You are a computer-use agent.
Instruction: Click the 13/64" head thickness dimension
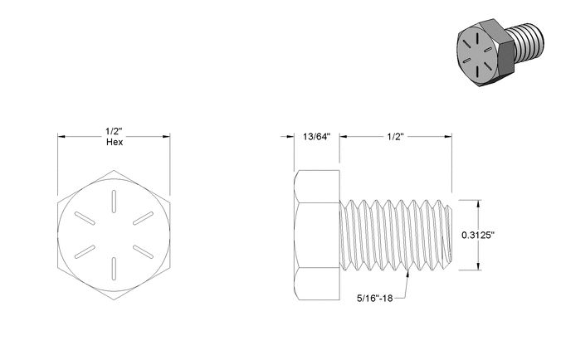[x=317, y=137]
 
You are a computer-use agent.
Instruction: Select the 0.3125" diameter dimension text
[x=478, y=235]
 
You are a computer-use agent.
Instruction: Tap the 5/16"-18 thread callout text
[x=374, y=298]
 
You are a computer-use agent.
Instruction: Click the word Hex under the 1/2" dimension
[x=115, y=143]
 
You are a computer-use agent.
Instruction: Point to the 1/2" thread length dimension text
[x=395, y=137]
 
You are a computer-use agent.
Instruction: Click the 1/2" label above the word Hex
[x=115, y=131]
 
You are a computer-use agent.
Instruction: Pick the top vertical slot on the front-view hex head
[x=114, y=202]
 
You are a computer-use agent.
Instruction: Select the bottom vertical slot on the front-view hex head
[x=114, y=269]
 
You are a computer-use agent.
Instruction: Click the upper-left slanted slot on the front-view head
[x=85, y=218]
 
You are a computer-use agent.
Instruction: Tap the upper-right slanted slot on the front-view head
[x=143, y=218]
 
